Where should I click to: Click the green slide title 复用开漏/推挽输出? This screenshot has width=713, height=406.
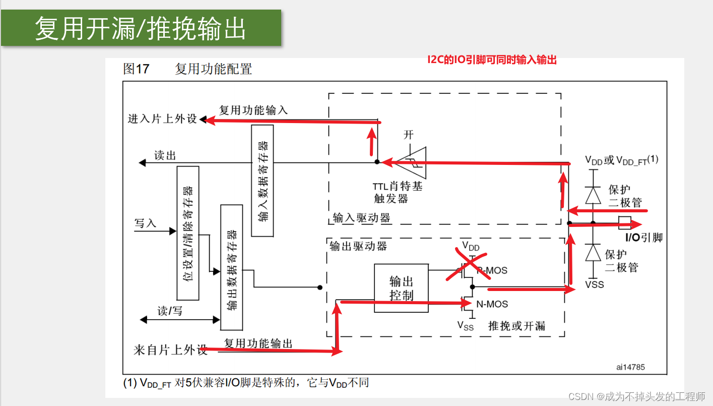[141, 29]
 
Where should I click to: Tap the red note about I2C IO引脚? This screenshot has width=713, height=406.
[492, 60]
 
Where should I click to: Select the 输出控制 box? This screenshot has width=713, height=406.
[401, 288]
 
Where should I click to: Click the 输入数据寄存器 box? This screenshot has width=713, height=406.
[262, 181]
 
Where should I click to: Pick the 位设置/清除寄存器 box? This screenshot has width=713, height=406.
[187, 233]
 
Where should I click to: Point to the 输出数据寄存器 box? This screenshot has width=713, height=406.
[231, 267]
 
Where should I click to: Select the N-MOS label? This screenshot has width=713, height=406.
[492, 304]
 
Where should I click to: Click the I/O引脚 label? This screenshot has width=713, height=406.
[643, 238]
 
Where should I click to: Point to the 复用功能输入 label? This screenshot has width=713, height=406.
[253, 109]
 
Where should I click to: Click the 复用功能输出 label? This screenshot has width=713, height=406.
[258, 343]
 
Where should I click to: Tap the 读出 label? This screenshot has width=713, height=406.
[165, 156]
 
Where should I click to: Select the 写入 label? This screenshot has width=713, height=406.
[145, 223]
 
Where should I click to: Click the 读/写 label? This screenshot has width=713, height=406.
[170, 311]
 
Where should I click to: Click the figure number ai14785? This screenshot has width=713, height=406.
[630, 367]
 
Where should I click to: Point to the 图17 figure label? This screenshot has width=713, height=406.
[136, 69]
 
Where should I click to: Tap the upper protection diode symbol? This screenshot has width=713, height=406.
[593, 195]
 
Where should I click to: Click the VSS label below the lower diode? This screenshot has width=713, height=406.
[594, 284]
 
